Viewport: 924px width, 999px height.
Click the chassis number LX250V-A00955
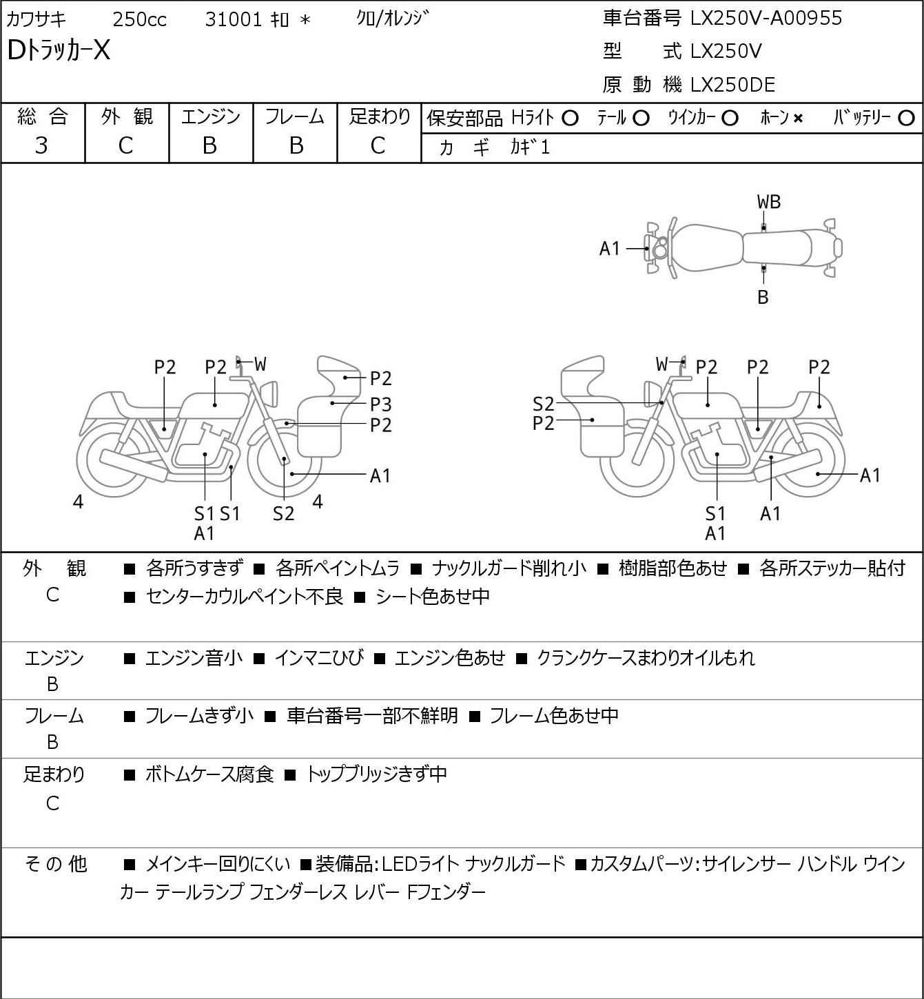click(x=766, y=19)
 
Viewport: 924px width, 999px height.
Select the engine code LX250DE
click(x=732, y=85)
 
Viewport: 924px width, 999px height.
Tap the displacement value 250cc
click(x=139, y=19)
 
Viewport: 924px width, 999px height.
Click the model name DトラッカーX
click(x=59, y=50)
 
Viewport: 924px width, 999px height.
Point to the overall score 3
click(x=41, y=146)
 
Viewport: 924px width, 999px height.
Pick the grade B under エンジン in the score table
click(x=210, y=146)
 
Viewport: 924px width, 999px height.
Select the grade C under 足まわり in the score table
click(x=378, y=146)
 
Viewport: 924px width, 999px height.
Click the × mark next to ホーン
click(x=798, y=119)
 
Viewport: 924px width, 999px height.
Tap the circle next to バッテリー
click(x=906, y=119)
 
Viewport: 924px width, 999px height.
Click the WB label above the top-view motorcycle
click(x=768, y=203)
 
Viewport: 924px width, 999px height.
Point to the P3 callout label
click(x=380, y=404)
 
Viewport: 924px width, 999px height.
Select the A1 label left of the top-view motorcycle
click(x=610, y=249)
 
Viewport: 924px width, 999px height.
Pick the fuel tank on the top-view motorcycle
click(x=706, y=249)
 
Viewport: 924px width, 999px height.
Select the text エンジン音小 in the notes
click(x=194, y=658)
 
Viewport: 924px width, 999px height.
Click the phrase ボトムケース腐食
click(x=209, y=774)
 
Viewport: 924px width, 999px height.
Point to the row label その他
click(x=56, y=864)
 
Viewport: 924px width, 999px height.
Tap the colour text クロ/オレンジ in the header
click(x=393, y=19)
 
